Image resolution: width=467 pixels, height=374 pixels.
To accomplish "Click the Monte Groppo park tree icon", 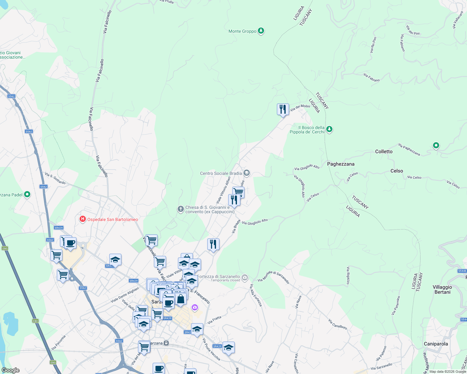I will [x=261, y=31].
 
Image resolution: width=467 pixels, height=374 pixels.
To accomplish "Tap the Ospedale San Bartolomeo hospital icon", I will [x=83, y=219].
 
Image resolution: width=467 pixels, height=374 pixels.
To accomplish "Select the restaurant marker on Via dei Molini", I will [x=283, y=110].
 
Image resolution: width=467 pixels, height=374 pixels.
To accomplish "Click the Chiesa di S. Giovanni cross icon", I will [x=180, y=209].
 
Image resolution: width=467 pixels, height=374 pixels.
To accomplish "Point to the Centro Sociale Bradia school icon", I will [x=247, y=173].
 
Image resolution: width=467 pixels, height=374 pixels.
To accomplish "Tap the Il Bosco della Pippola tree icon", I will [x=329, y=129].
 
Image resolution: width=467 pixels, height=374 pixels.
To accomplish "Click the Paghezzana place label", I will [x=341, y=164].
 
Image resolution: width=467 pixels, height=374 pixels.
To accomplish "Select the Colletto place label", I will [x=384, y=151].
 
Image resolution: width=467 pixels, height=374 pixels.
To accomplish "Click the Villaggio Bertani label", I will [x=442, y=290].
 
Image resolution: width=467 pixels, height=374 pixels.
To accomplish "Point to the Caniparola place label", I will [x=436, y=344].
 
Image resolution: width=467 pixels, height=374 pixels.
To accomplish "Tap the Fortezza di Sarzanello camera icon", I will [x=245, y=277].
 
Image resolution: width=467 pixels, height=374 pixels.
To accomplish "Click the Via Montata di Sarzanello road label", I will [x=273, y=277].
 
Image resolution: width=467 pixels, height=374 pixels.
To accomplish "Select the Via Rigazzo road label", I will [x=348, y=275].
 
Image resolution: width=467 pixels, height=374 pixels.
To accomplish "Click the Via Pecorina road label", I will [x=59, y=342].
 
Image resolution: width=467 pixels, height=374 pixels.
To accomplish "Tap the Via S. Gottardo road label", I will [x=55, y=178].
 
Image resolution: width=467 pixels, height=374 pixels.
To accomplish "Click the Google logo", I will [x=10, y=370].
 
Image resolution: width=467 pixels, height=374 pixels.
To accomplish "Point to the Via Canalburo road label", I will [x=337, y=324].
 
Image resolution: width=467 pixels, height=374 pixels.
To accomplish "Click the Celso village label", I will [x=396, y=171].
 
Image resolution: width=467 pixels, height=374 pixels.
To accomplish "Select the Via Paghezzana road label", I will [x=409, y=150].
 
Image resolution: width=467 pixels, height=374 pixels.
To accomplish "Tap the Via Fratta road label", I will [x=214, y=320].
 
